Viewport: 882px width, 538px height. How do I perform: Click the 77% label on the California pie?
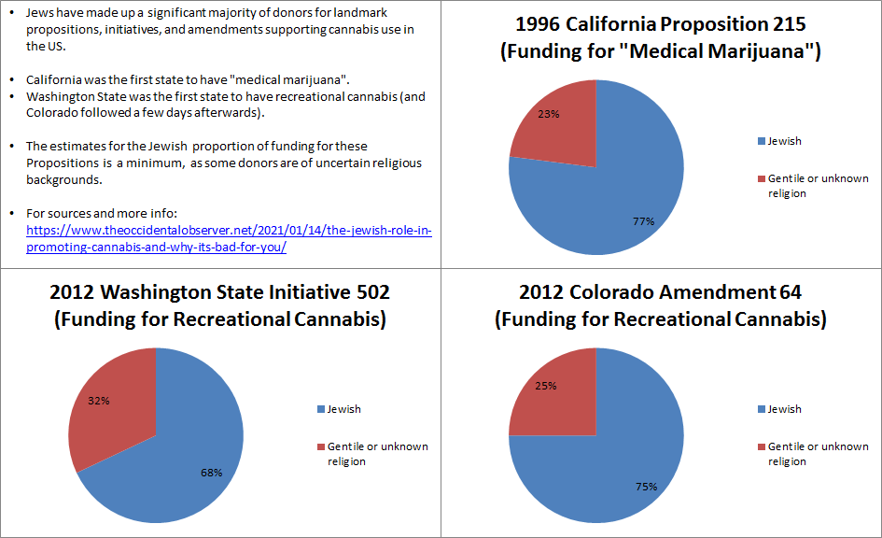(x=643, y=221)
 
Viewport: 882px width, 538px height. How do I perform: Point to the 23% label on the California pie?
(x=549, y=114)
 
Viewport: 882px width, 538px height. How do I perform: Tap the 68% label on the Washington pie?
(x=211, y=473)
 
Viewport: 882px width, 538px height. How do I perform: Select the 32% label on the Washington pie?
(x=99, y=401)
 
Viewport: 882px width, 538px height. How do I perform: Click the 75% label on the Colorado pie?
(x=646, y=487)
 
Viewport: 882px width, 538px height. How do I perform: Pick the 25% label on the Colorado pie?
(x=547, y=385)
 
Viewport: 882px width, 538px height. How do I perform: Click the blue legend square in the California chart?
(x=761, y=141)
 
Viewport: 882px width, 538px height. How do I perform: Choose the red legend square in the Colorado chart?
(x=762, y=446)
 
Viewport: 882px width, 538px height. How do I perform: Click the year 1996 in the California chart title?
(x=541, y=23)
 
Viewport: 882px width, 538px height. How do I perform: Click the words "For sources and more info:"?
(x=93, y=213)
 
